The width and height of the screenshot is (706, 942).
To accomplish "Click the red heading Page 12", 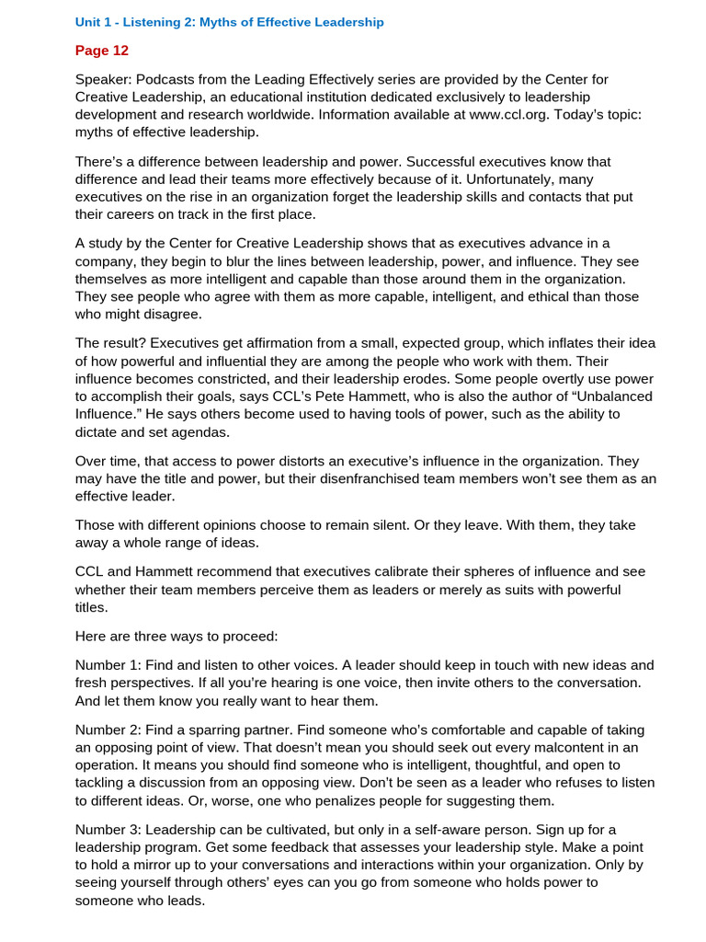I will [102, 51].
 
